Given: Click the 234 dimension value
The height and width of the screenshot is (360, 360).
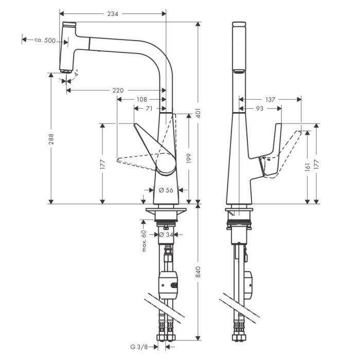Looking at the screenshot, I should (x=113, y=14).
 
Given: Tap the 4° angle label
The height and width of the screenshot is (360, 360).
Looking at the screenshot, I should (x=76, y=74).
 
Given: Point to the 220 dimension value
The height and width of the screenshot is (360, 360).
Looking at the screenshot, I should (x=118, y=91).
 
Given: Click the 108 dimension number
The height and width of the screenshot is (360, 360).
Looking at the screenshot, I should (x=141, y=99).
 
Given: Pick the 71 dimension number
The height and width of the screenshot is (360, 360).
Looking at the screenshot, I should (x=149, y=108).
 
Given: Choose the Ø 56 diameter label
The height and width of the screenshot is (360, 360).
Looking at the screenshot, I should (x=166, y=190).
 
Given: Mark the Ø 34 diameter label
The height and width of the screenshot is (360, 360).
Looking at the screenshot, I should (x=166, y=235).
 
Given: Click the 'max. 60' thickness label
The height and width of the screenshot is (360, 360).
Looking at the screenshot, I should (x=145, y=241).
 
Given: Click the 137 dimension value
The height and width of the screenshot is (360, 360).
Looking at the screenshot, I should (x=271, y=99).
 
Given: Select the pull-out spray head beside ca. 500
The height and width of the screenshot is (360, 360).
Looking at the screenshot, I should (x=67, y=47).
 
